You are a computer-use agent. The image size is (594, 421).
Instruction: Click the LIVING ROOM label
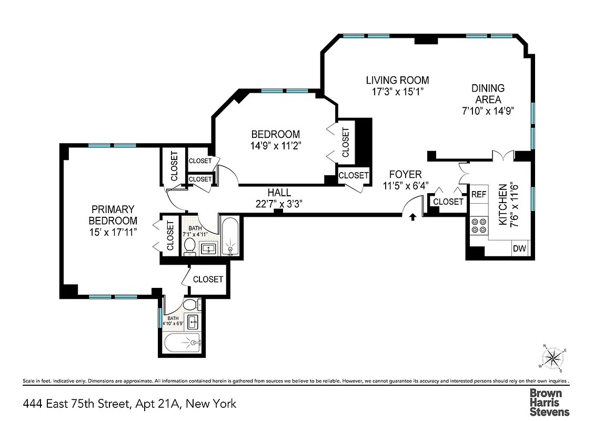397,81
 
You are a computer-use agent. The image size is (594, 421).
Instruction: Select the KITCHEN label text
502,205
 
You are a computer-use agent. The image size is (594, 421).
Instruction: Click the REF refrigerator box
478,194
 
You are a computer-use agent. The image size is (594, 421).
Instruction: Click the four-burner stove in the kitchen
479,225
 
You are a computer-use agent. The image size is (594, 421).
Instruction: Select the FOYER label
405,175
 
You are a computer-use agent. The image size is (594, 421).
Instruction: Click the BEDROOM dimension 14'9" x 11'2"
275,145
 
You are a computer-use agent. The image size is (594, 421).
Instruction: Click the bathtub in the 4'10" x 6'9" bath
182,344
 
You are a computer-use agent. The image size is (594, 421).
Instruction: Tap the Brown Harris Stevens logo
549,402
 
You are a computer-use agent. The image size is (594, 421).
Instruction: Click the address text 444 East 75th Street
76,404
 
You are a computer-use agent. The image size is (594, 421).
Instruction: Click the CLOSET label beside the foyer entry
449,202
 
